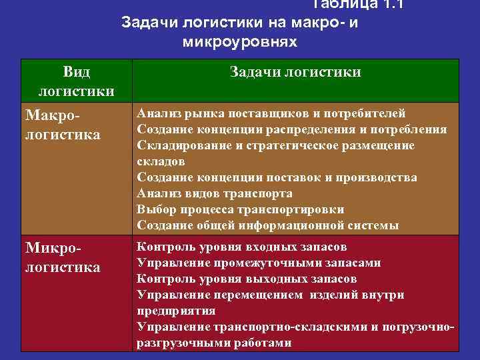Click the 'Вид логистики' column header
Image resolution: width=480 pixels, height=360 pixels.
coord(76,81)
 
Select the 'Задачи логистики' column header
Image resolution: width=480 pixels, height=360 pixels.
coord(295,72)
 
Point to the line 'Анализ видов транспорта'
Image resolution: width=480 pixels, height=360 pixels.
coord(215,193)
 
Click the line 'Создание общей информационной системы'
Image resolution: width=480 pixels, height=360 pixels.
coord(268,225)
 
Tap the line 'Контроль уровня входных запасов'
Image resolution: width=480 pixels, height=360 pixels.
coord(241,247)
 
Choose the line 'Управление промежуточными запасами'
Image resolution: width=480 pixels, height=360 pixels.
coord(259,263)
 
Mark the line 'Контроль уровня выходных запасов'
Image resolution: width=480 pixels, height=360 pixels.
coord(247,279)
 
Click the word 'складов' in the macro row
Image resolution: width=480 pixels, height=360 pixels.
coord(161,161)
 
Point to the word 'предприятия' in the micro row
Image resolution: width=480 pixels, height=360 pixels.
coord(176,311)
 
